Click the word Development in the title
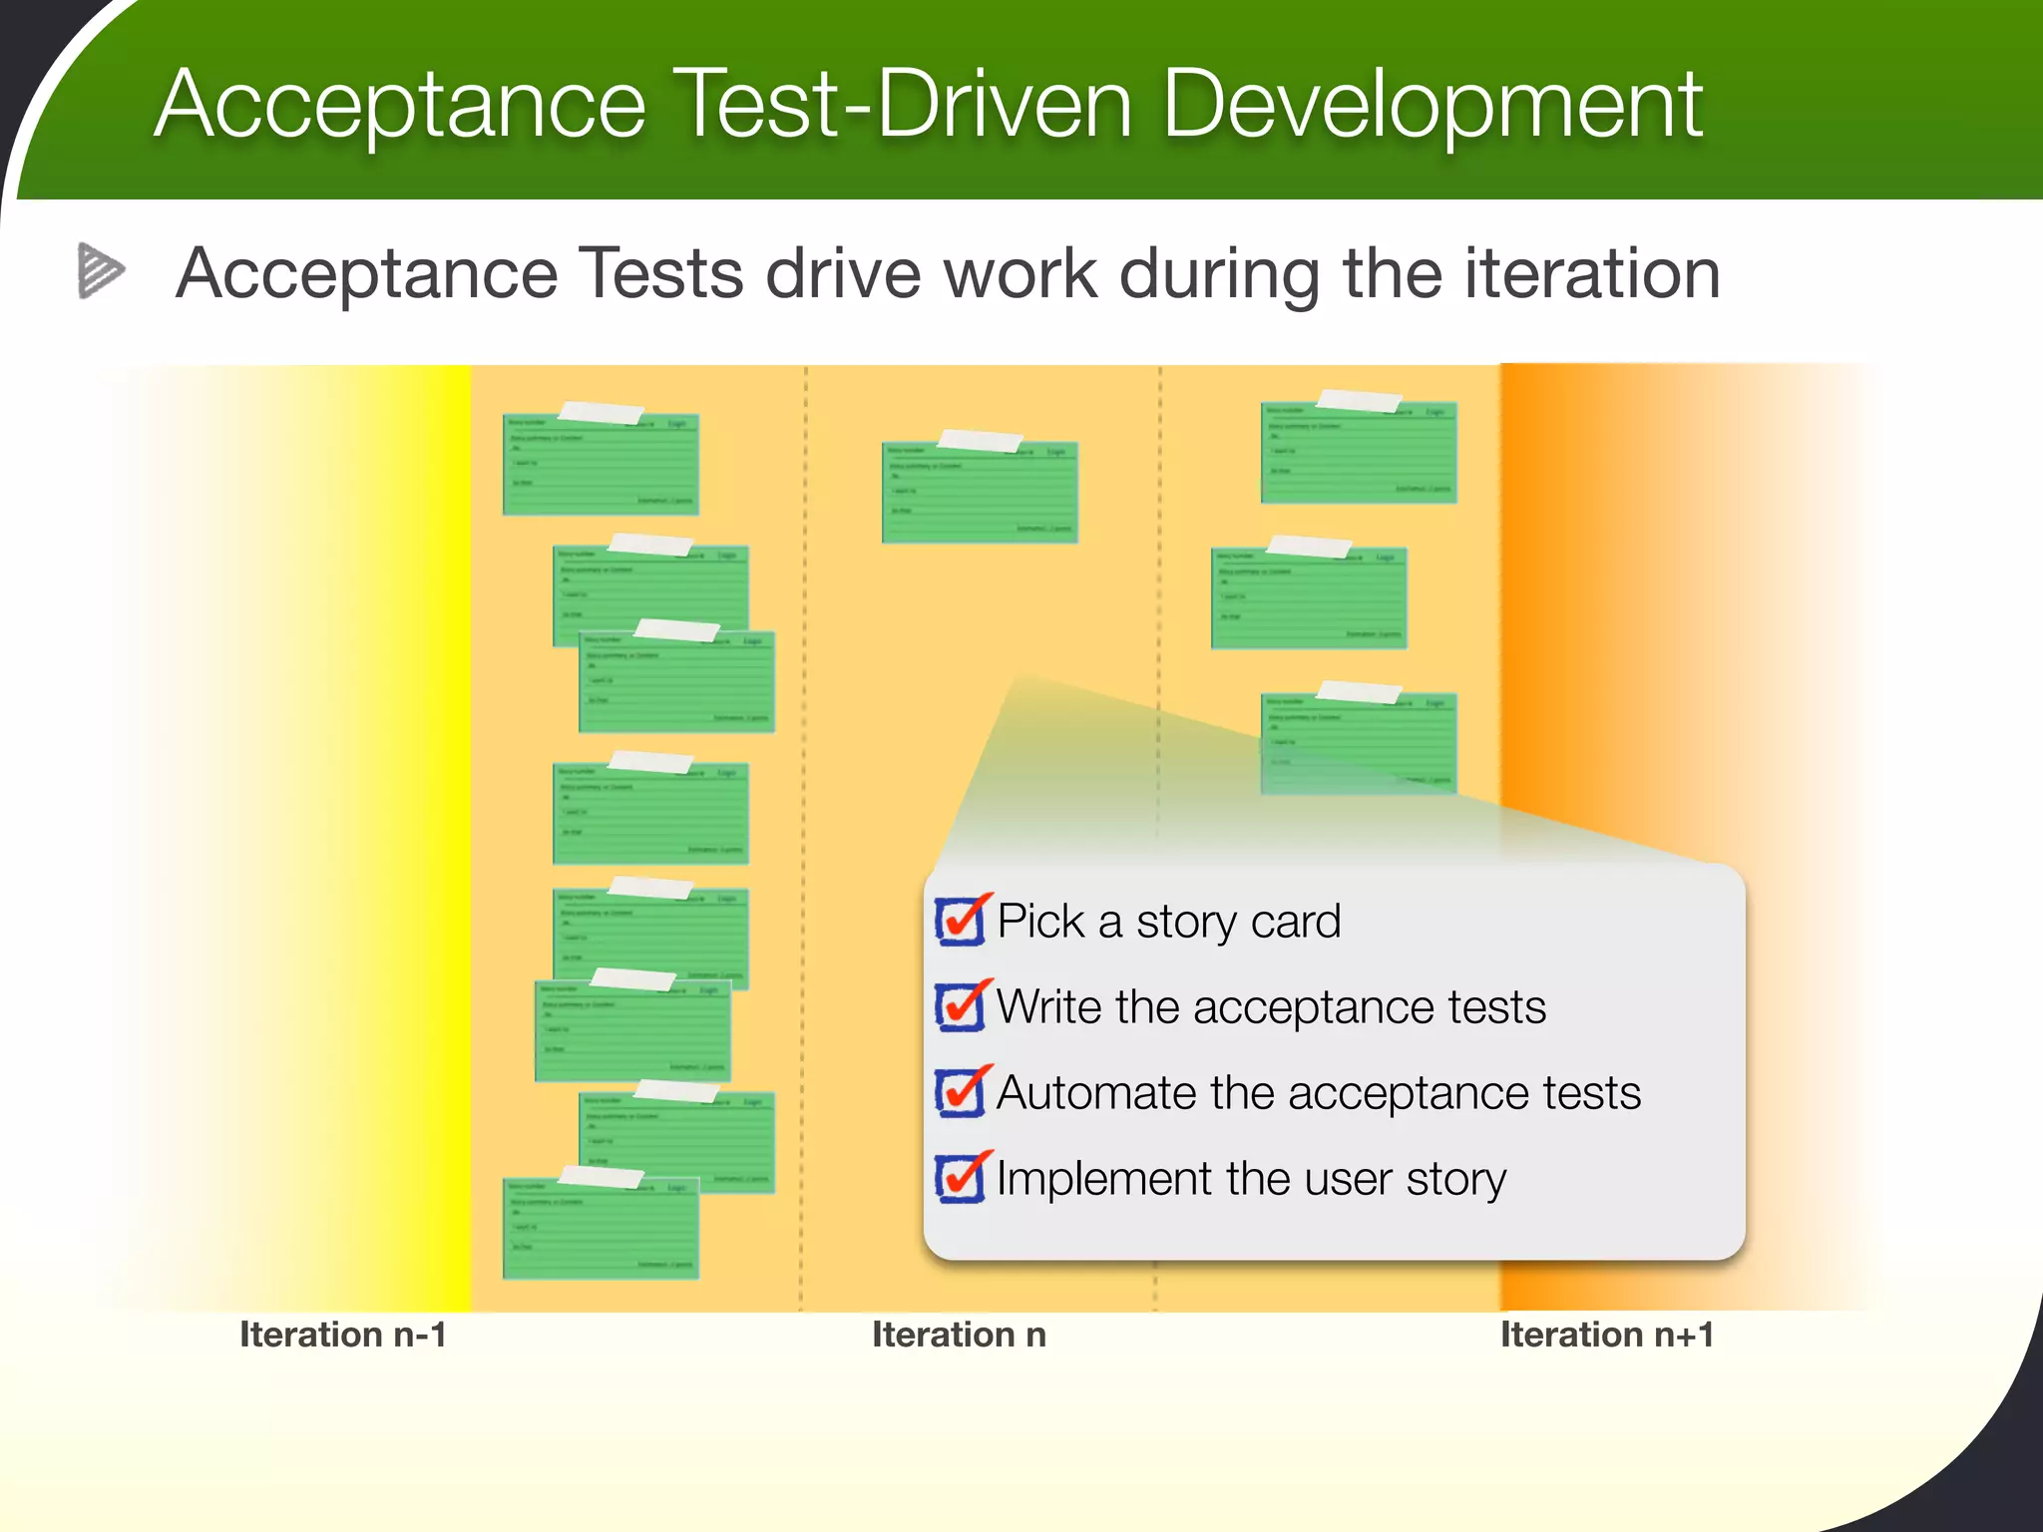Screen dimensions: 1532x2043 coord(1432,106)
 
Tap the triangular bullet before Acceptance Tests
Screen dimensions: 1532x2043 coord(100,270)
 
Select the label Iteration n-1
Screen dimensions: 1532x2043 coord(342,1335)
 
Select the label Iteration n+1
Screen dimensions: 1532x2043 coord(1606,1335)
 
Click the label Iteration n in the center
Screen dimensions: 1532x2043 coord(959,1335)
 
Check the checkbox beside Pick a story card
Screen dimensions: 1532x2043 coord(960,921)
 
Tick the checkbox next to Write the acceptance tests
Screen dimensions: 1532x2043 coord(960,1006)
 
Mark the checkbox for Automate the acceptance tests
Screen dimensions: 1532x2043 coord(960,1092)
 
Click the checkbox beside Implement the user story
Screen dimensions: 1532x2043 coord(960,1178)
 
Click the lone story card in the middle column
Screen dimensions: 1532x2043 coord(980,495)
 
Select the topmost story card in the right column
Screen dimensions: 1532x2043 coord(1359,454)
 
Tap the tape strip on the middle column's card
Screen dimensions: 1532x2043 coord(980,440)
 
